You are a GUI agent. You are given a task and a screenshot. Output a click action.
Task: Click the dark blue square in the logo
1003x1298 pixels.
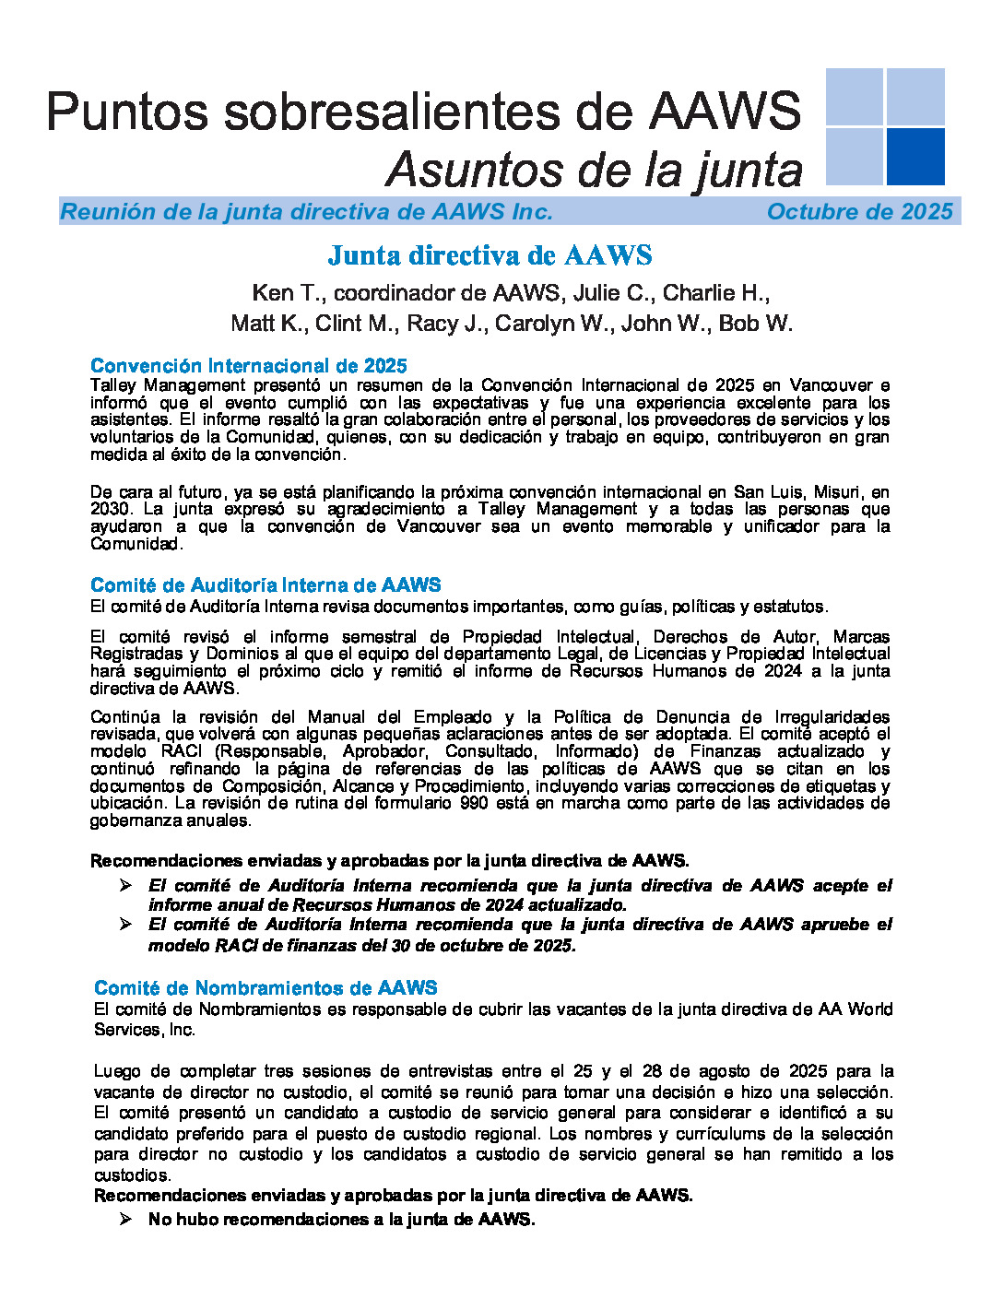coord(914,156)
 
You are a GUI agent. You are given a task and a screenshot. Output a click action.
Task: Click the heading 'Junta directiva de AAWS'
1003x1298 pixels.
coord(490,255)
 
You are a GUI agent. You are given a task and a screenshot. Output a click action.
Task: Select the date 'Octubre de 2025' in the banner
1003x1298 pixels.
coord(859,212)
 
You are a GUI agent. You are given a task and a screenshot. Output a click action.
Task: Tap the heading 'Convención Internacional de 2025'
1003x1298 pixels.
coord(249,366)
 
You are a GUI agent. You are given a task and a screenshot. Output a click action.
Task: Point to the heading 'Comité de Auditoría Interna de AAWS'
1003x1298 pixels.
coord(265,585)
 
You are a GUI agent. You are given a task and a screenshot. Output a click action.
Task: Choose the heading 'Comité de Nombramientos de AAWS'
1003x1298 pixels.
coord(265,988)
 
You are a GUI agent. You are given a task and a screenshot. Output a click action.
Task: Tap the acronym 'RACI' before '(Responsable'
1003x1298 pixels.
coord(181,751)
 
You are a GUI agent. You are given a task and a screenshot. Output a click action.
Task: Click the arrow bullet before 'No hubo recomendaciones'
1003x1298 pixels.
coord(125,1220)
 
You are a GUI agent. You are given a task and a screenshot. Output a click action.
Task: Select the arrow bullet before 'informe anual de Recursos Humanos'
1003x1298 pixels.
coord(125,886)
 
